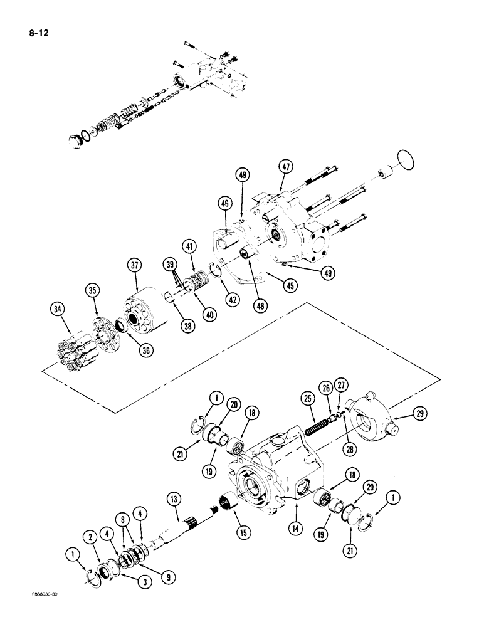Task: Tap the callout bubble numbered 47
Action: pyautogui.click(x=287, y=167)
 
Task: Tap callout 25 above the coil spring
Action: pyautogui.click(x=307, y=398)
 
